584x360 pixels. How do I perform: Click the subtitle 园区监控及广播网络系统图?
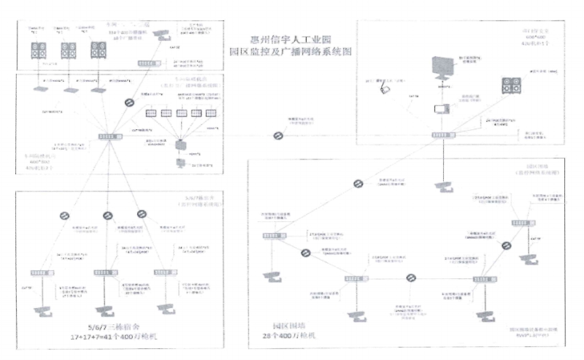[x=291, y=53]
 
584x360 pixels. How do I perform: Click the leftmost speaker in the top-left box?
[x=39, y=50]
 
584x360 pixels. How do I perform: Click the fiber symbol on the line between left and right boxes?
[x=278, y=136]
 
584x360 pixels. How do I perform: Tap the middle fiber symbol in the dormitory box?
[x=107, y=216]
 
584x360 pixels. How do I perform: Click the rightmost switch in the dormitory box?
[x=162, y=272]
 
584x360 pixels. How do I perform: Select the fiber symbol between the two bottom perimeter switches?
[x=411, y=278]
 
